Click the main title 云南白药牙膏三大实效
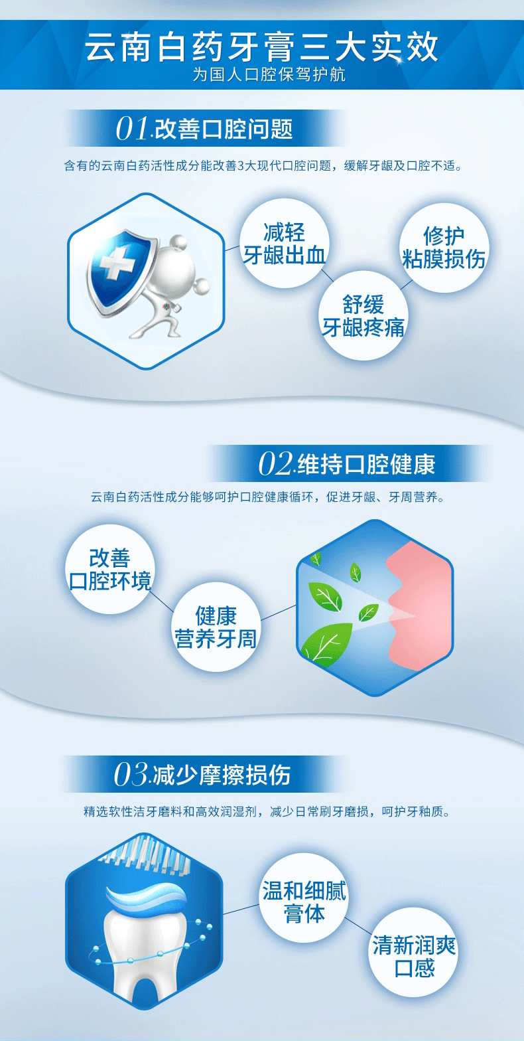[262, 47]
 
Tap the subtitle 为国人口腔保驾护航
[269, 75]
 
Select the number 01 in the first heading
[132, 129]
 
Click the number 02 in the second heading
[275, 464]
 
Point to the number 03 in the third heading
[131, 775]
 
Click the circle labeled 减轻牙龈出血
[285, 243]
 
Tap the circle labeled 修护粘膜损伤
[444, 247]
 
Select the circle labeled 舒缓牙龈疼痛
[363, 315]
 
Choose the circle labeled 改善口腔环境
[110, 570]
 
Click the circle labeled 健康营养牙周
[216, 627]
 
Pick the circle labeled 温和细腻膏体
[304, 902]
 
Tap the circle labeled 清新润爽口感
[414, 957]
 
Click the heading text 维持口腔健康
[366, 464]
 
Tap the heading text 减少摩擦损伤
[222, 775]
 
